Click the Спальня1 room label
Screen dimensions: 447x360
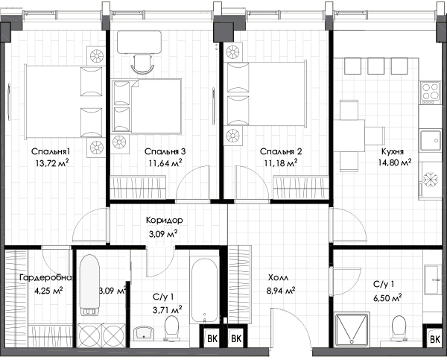coord(51,151)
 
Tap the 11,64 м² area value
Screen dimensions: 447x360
coord(165,163)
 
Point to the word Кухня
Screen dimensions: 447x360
coord(393,151)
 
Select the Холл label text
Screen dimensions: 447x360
coord(278,277)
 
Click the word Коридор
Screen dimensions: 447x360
coord(165,220)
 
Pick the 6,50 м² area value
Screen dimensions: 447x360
coord(387,298)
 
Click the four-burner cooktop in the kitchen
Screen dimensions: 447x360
coord(430,93)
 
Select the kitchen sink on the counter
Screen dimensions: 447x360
coord(430,140)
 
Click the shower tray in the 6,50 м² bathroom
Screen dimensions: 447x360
coord(352,329)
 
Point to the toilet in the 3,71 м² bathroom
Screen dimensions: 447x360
coord(171,328)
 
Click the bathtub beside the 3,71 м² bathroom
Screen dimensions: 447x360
coord(204,291)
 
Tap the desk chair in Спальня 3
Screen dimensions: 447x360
coord(142,64)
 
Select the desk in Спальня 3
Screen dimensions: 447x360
coord(139,42)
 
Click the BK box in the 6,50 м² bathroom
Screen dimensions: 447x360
coord(435,339)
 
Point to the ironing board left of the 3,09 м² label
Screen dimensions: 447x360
coord(89,285)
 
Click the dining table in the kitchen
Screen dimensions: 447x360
coord(349,136)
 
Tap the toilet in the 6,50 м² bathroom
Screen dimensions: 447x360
coord(399,329)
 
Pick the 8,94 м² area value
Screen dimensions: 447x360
coord(281,291)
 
